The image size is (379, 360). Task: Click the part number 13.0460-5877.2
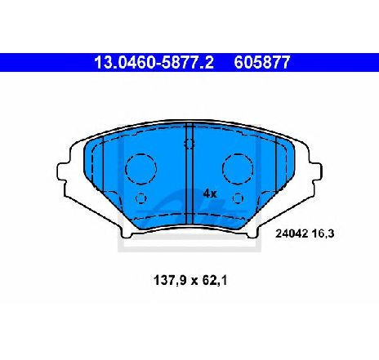point(154,62)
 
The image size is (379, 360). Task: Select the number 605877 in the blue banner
point(262,62)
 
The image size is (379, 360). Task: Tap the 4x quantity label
point(210,193)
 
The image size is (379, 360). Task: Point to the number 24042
point(292,233)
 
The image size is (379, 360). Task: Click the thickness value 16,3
point(323,233)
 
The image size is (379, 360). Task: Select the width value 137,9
point(171,281)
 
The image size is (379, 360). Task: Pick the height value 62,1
point(215,281)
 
